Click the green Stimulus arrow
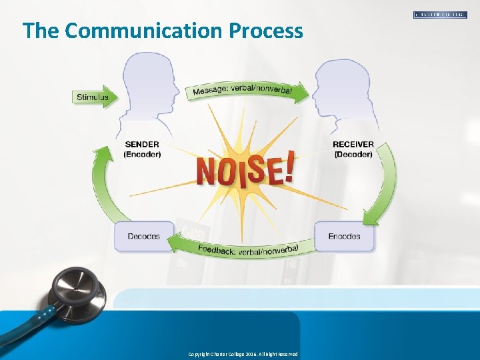94,97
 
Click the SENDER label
142,144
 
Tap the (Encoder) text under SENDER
142,154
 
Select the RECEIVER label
354,144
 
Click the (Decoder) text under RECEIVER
354,154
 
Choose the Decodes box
143,237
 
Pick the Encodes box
344,237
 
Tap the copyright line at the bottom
243,354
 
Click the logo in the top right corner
440,14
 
